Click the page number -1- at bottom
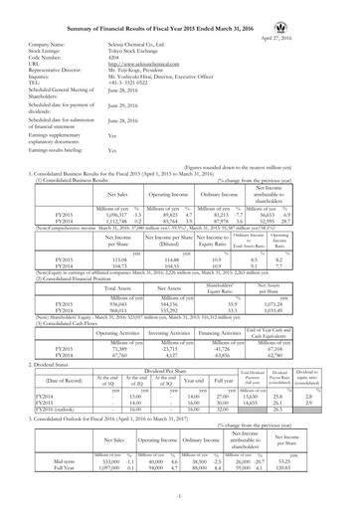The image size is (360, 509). pos(180,500)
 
